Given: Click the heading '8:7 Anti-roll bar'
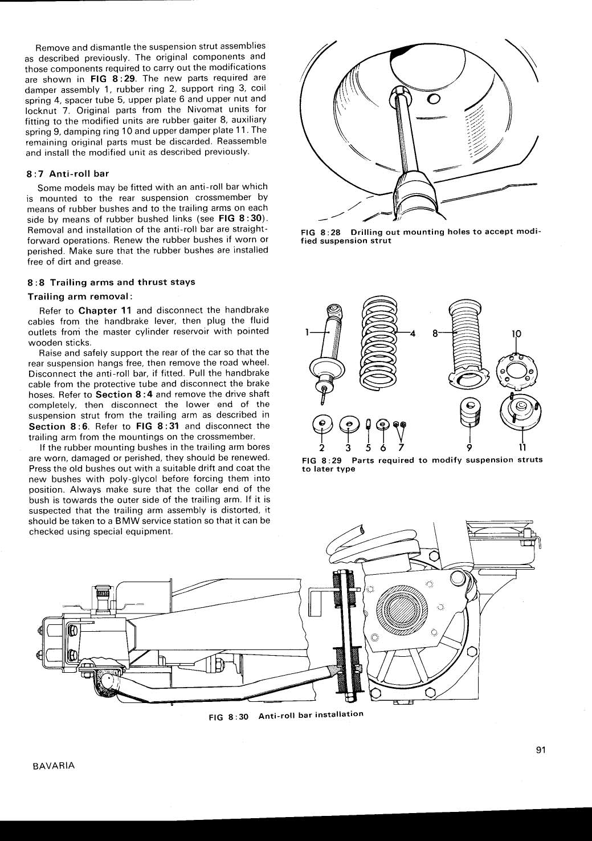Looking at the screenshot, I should click(x=68, y=174).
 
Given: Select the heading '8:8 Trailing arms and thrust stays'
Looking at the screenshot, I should click(x=111, y=282).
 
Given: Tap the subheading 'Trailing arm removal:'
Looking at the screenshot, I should click(x=80, y=297).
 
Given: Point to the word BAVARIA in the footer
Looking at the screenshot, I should click(x=50, y=766).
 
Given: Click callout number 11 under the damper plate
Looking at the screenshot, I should click(x=522, y=447).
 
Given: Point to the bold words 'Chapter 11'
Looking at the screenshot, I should click(x=105, y=311).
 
